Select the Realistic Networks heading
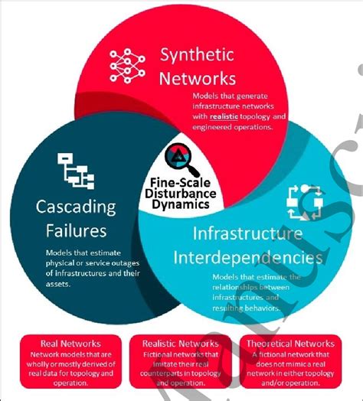click(181, 344)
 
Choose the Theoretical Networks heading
click(293, 344)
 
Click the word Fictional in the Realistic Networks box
click(161, 355)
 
